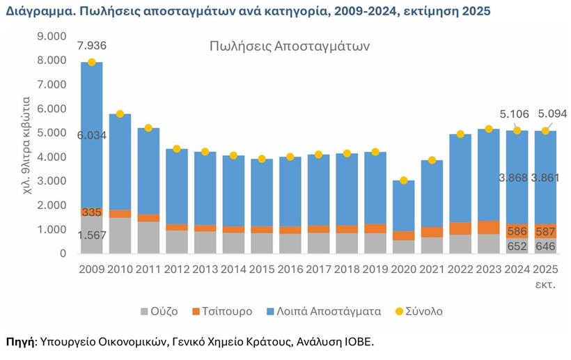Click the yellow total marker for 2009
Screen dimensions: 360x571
point(91,63)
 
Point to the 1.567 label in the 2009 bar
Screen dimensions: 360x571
point(92,235)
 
